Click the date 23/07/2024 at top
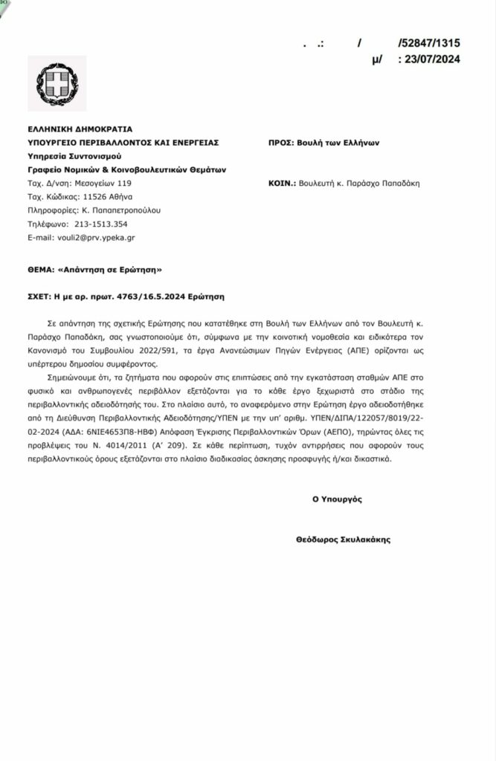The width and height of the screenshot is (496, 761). click(x=431, y=60)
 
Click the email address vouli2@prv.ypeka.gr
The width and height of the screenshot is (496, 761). click(x=93, y=238)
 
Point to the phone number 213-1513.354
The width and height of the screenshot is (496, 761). click(x=99, y=224)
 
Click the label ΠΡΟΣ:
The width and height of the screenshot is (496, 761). click(x=280, y=142)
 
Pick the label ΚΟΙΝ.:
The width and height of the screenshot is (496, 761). click(x=281, y=183)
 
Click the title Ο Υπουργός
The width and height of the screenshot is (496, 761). click(x=337, y=499)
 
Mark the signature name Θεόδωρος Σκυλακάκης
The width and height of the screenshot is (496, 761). click(x=343, y=540)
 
